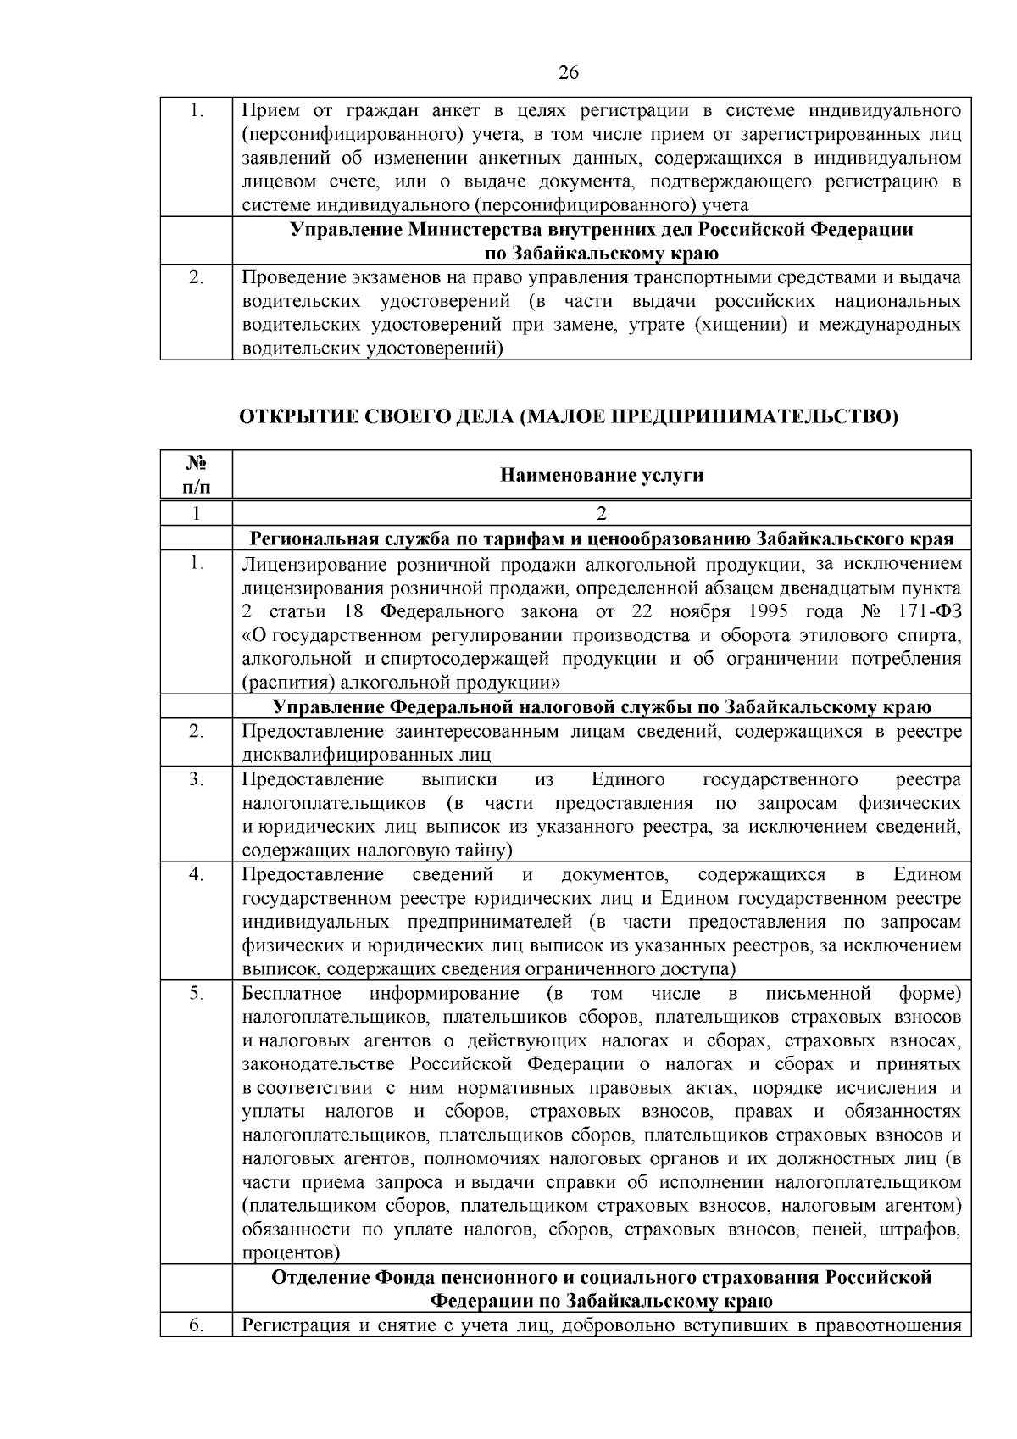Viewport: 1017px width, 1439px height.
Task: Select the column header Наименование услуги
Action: [602, 475]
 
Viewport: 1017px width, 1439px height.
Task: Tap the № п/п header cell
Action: [196, 475]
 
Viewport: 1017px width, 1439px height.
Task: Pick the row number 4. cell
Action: [196, 874]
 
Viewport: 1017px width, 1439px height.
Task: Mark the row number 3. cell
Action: [196, 779]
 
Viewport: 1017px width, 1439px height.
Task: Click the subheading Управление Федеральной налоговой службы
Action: [602, 707]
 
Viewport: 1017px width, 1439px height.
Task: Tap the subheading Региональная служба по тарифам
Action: [602, 539]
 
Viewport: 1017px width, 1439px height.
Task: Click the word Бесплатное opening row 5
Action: [292, 993]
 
